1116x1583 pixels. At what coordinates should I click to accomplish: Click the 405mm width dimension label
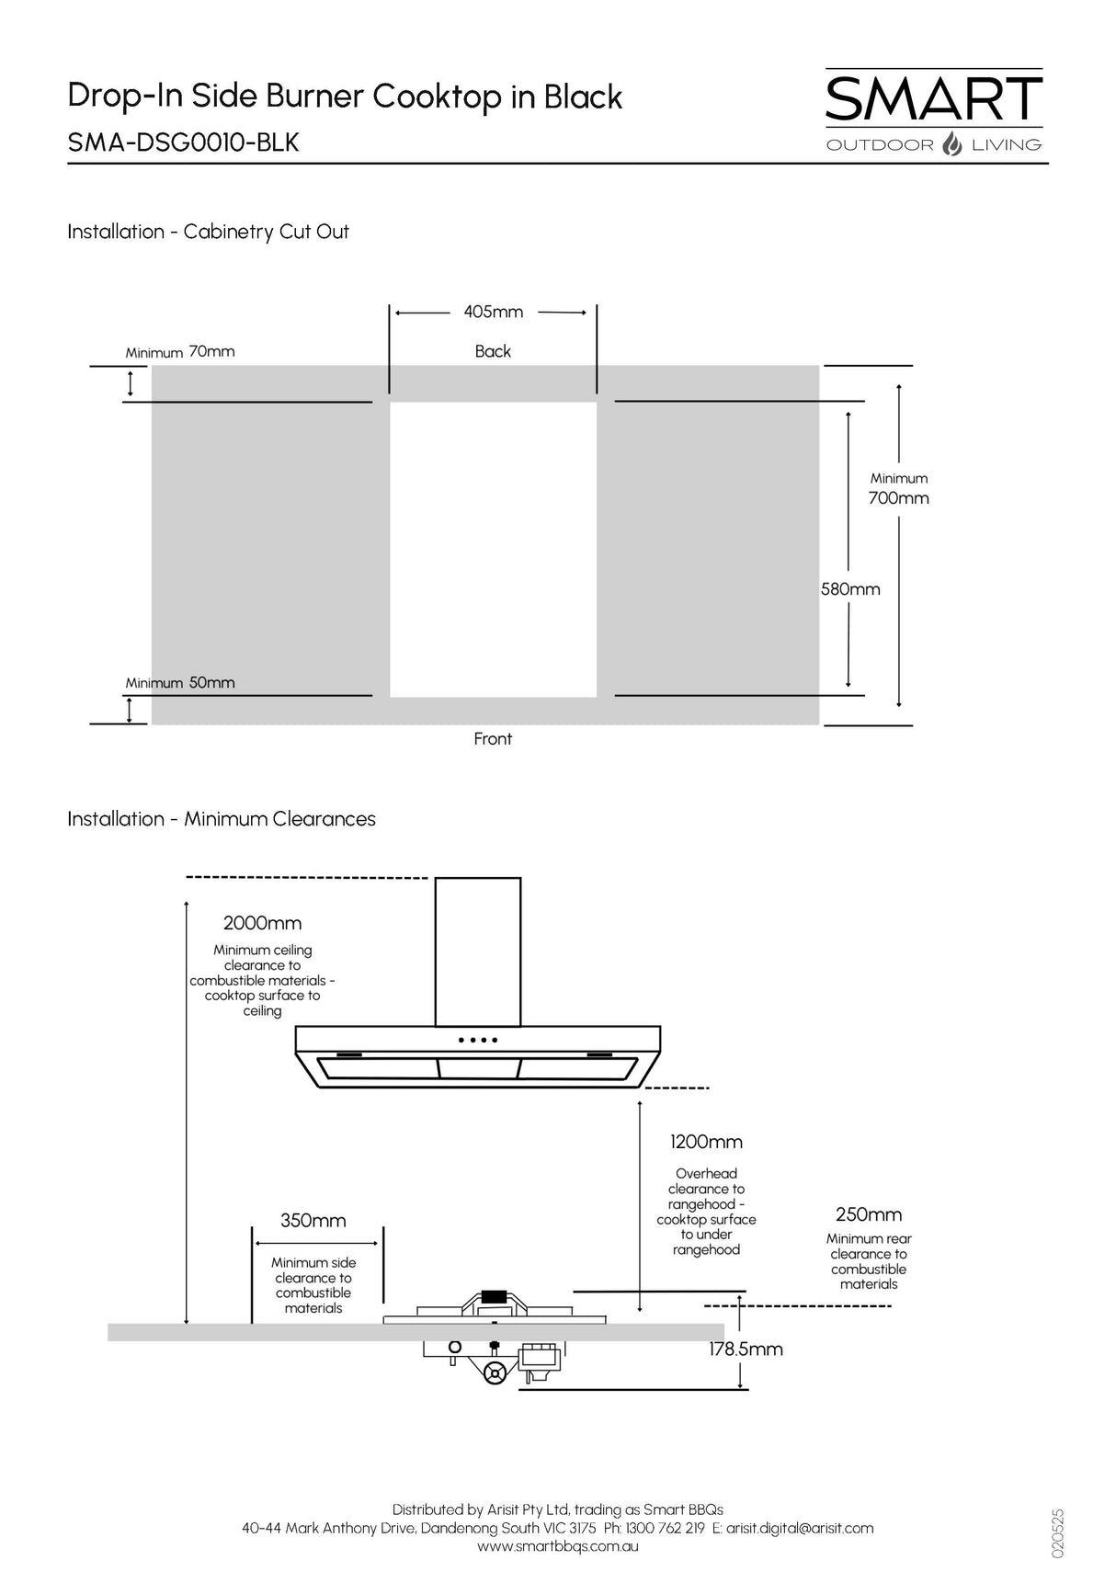[493, 312]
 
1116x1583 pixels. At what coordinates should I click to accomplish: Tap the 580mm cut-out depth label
[850, 589]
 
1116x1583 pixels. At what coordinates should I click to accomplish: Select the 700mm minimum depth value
[898, 498]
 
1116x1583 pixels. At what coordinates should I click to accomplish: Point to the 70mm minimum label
[211, 351]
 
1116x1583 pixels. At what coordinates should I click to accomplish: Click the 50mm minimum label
[211, 682]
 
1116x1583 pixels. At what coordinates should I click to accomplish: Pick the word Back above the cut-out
[493, 351]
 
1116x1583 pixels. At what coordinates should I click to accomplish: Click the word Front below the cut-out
[493, 739]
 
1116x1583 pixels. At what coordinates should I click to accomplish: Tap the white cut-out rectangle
[493, 549]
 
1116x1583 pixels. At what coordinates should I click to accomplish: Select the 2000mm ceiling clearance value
[262, 923]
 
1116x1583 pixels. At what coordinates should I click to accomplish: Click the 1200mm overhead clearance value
[706, 1142]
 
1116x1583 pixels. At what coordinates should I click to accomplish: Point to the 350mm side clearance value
[313, 1221]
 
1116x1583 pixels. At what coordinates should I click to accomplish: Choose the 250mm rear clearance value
[868, 1214]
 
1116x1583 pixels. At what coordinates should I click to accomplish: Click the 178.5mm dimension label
[746, 1350]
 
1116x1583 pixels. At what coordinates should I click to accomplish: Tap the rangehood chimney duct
[478, 951]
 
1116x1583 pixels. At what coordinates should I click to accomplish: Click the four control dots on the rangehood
[478, 1040]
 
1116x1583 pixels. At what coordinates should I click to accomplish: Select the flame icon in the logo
[952, 144]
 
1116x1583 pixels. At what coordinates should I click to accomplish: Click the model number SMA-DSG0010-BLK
[183, 142]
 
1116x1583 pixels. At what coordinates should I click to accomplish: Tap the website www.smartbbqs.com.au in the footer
[557, 1546]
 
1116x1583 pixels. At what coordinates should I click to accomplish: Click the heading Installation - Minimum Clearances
[222, 819]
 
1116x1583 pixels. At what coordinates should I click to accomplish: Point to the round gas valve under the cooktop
[495, 1374]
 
